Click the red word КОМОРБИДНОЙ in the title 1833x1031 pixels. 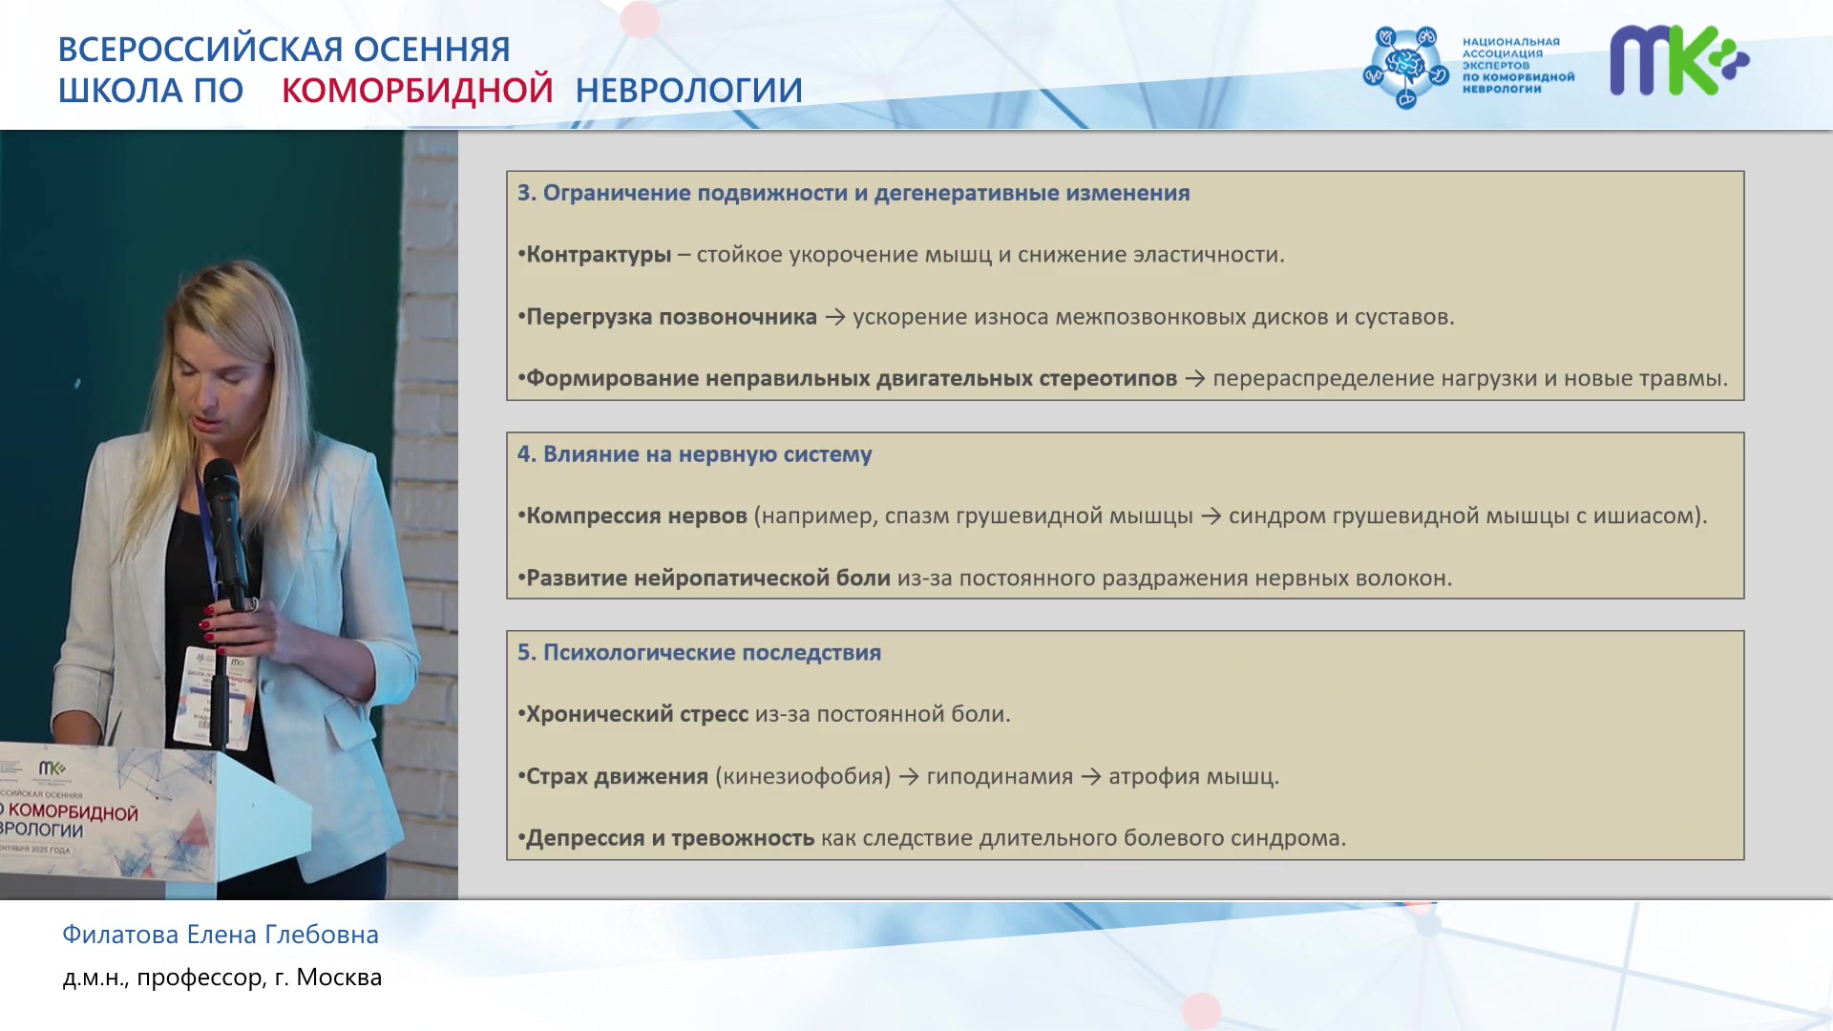click(x=417, y=90)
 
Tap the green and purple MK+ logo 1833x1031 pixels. click(x=1679, y=60)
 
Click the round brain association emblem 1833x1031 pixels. click(x=1405, y=67)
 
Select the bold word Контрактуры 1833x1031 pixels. click(x=599, y=255)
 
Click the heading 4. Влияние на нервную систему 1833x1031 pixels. click(x=695, y=454)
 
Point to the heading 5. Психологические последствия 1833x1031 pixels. click(x=700, y=653)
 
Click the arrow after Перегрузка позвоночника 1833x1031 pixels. click(x=835, y=317)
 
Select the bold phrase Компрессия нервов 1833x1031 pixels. click(x=637, y=516)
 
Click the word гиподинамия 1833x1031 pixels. click(x=1000, y=777)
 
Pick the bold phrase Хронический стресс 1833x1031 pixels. click(x=638, y=715)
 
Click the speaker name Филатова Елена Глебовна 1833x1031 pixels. click(x=221, y=935)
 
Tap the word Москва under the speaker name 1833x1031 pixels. click(x=339, y=978)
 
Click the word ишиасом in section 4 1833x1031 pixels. click(x=1644, y=516)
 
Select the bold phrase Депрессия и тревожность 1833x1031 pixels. click(x=670, y=838)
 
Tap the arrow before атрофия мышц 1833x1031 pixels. click(x=1091, y=777)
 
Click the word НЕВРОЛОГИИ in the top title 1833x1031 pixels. click(x=688, y=90)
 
